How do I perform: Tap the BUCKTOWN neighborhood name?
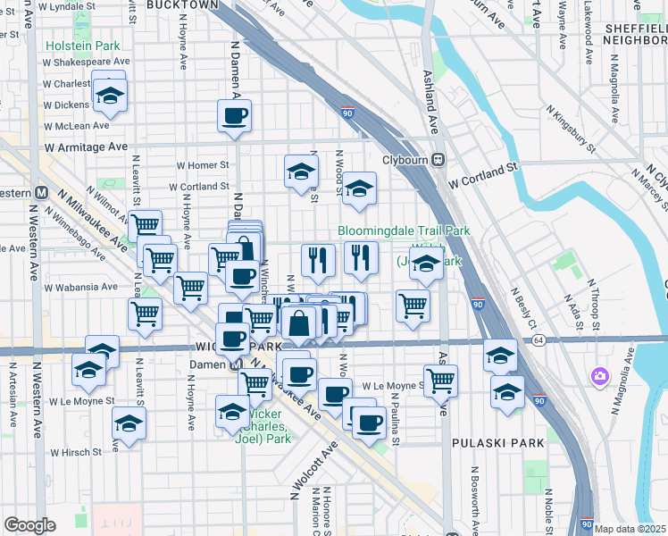[x=182, y=5]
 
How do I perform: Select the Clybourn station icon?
[x=438, y=159]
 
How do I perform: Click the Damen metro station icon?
[x=236, y=364]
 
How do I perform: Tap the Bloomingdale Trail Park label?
[x=404, y=230]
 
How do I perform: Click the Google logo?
[x=30, y=525]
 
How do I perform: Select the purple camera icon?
[x=598, y=377]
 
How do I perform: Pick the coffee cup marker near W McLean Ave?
[x=234, y=116]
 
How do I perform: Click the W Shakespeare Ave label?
[x=87, y=63]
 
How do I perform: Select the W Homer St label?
[x=203, y=165]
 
